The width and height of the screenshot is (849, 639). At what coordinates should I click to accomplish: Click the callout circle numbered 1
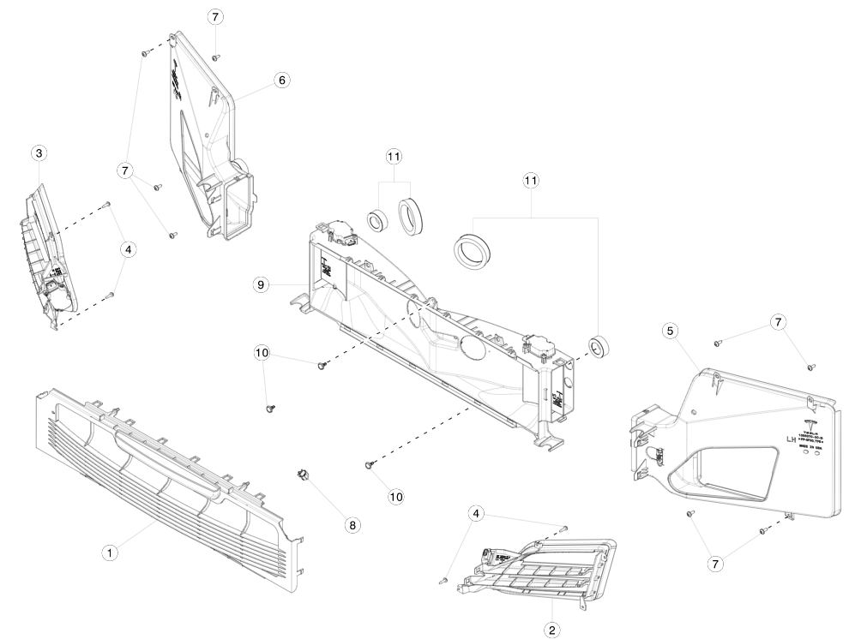(x=110, y=552)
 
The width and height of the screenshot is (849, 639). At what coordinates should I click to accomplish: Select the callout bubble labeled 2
(x=552, y=630)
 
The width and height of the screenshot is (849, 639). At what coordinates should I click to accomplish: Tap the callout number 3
(x=39, y=153)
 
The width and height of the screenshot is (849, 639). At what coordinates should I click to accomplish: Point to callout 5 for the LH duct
(x=670, y=330)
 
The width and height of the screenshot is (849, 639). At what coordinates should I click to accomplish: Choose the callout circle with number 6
(x=281, y=80)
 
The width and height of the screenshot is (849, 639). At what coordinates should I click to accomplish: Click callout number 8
(x=352, y=525)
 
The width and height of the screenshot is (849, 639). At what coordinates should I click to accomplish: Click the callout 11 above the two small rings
(x=394, y=157)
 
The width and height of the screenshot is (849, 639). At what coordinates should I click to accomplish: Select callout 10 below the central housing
(x=395, y=496)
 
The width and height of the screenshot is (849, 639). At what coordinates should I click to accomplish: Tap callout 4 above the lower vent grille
(x=477, y=513)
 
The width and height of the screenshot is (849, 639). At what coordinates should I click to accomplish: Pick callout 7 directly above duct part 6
(x=215, y=17)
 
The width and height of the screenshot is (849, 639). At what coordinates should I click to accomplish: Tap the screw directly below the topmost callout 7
(x=215, y=57)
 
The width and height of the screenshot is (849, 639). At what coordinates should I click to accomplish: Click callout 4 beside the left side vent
(x=128, y=250)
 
